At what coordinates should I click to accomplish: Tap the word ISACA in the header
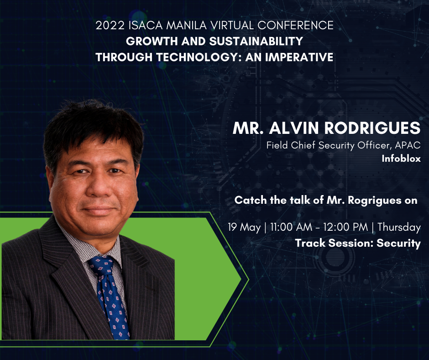(x=146, y=26)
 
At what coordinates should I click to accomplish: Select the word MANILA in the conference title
(x=187, y=26)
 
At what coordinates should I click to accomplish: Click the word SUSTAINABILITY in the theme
(x=256, y=42)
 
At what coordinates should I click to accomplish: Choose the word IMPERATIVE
(x=299, y=57)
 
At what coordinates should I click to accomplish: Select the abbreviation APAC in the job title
(x=408, y=145)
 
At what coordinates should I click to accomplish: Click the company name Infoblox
(x=401, y=159)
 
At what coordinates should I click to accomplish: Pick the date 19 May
(x=244, y=228)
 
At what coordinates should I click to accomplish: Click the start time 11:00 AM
(x=291, y=227)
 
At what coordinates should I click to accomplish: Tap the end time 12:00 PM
(x=345, y=227)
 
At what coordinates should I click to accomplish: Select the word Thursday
(x=399, y=228)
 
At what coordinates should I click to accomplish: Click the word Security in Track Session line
(x=398, y=244)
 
